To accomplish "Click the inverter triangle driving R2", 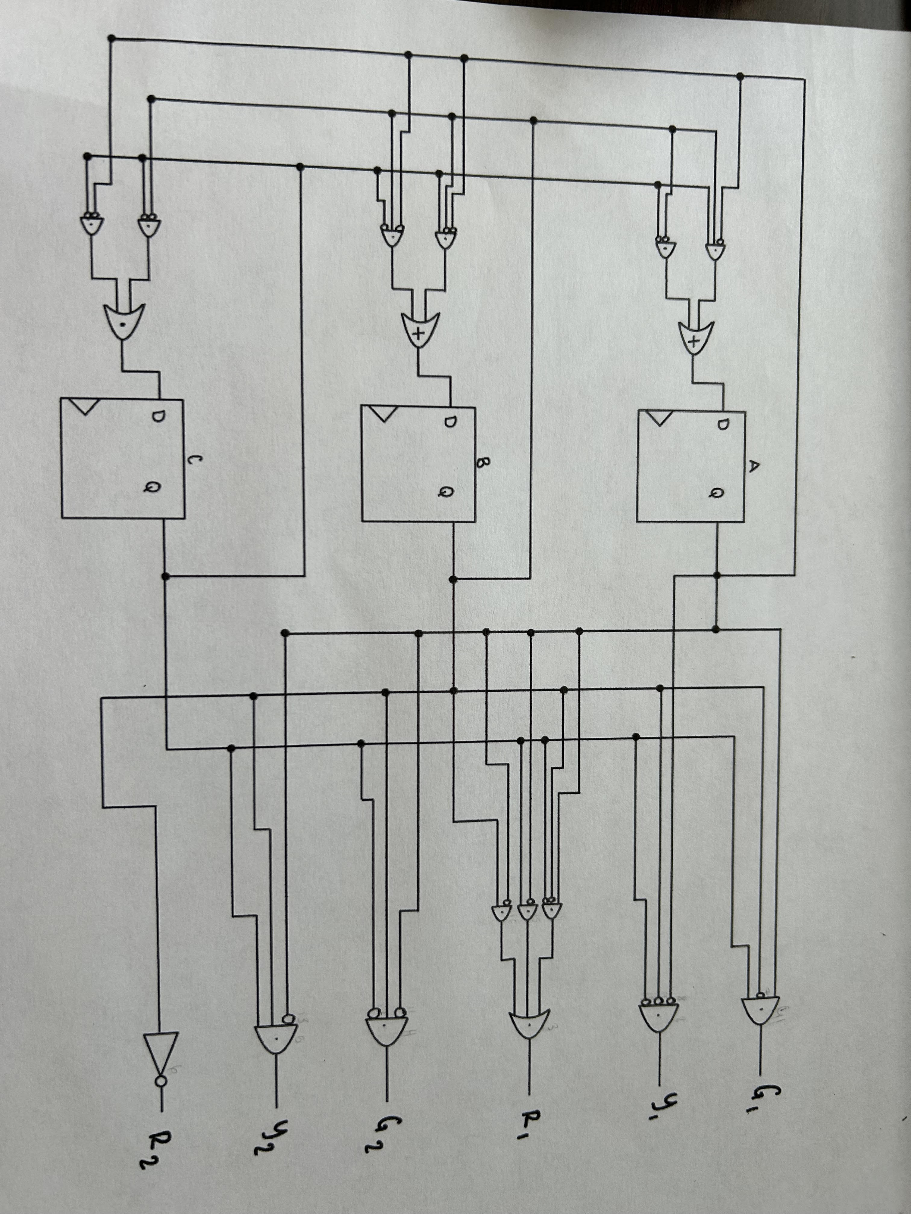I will [160, 1052].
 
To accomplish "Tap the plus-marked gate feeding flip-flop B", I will [419, 330].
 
